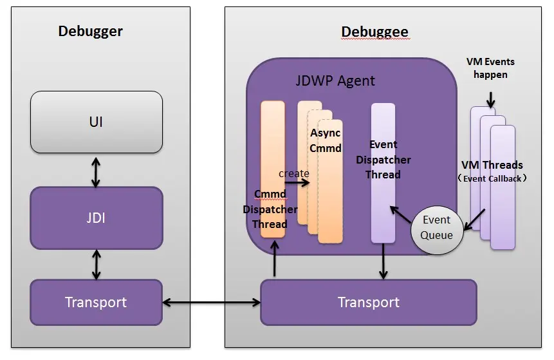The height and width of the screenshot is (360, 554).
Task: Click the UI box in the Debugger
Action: click(97, 122)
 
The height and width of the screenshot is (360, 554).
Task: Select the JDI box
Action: click(97, 218)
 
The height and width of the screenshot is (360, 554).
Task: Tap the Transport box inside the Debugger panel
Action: click(96, 302)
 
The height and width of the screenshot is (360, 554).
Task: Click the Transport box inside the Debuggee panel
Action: click(368, 302)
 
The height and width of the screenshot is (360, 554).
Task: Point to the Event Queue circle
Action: click(437, 227)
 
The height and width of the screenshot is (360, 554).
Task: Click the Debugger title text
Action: click(90, 31)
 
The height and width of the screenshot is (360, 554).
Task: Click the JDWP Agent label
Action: click(335, 81)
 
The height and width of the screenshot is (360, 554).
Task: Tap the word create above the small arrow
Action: click(293, 173)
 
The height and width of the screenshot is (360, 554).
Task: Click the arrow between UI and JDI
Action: click(96, 170)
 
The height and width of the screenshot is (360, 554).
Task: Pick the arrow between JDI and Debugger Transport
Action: click(97, 264)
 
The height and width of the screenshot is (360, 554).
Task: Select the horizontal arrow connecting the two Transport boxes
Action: click(211, 302)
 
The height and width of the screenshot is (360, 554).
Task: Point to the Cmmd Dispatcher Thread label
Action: click(270, 209)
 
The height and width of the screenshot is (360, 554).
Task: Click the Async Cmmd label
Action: click(325, 140)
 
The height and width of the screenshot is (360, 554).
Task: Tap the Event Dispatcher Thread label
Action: click(383, 160)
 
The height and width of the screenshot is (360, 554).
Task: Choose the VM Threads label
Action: click(492, 166)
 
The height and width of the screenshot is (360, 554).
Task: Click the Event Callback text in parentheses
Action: click(492, 178)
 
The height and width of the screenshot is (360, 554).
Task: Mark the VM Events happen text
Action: click(490, 68)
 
